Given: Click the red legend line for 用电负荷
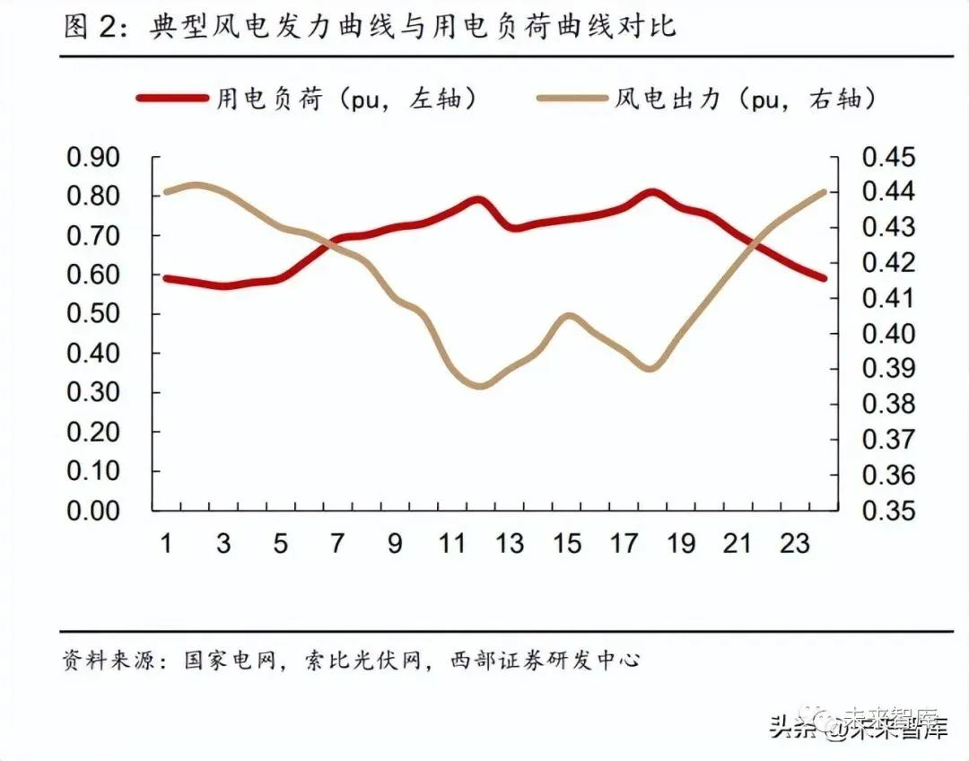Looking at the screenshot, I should tap(171, 98).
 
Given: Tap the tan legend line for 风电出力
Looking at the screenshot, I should tap(571, 98).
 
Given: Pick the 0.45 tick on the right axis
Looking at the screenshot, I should tap(888, 157).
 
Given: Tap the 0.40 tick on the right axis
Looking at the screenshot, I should tap(888, 334).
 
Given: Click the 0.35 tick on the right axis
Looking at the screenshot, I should tap(888, 510).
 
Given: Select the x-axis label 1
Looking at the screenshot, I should tap(166, 544).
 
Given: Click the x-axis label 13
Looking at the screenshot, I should tap(510, 544).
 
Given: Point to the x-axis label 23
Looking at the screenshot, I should tap(795, 544).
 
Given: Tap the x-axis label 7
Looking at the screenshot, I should tap(337, 544).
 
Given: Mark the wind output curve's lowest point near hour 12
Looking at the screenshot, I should tap(480, 386).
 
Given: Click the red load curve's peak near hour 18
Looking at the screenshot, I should tap(652, 193).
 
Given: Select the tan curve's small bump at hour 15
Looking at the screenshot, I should tap(568, 316).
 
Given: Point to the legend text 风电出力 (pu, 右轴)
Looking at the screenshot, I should tap(745, 98).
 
